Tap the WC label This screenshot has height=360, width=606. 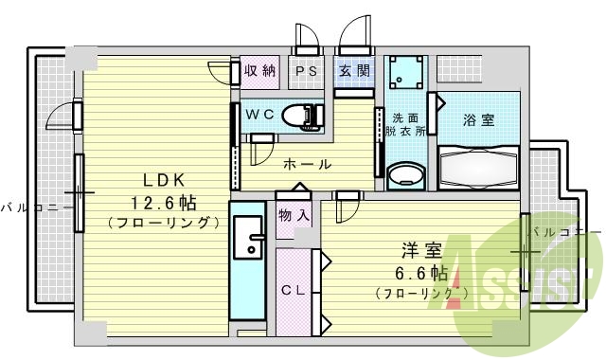point(260,112)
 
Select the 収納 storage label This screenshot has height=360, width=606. point(258,71)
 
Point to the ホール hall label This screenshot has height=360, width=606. point(307,164)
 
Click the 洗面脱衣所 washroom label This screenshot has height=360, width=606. point(409,125)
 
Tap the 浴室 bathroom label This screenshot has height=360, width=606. point(477,120)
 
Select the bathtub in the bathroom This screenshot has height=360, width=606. point(479,169)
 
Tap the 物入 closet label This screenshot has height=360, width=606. point(294,217)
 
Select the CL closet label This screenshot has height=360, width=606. point(293,291)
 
